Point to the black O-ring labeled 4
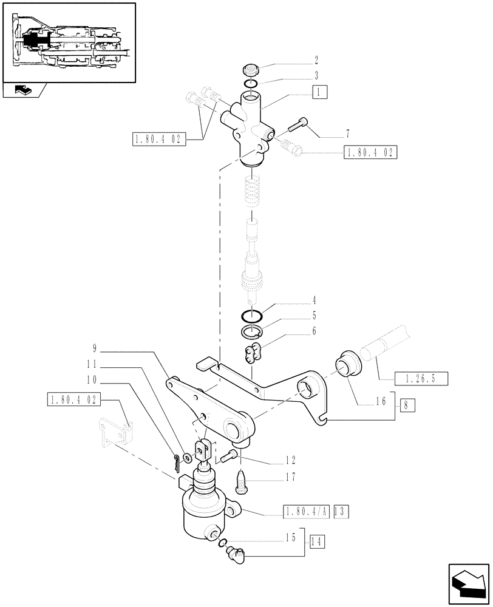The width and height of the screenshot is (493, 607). coord(251,316)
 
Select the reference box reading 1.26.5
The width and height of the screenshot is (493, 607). coord(421,379)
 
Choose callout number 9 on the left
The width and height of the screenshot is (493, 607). coord(95,348)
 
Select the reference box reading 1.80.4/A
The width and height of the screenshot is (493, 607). coord(307,512)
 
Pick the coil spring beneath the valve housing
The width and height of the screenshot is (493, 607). coord(254,192)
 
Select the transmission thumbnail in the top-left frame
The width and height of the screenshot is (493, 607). coord(68,42)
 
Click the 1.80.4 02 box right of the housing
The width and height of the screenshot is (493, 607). coord(370,153)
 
